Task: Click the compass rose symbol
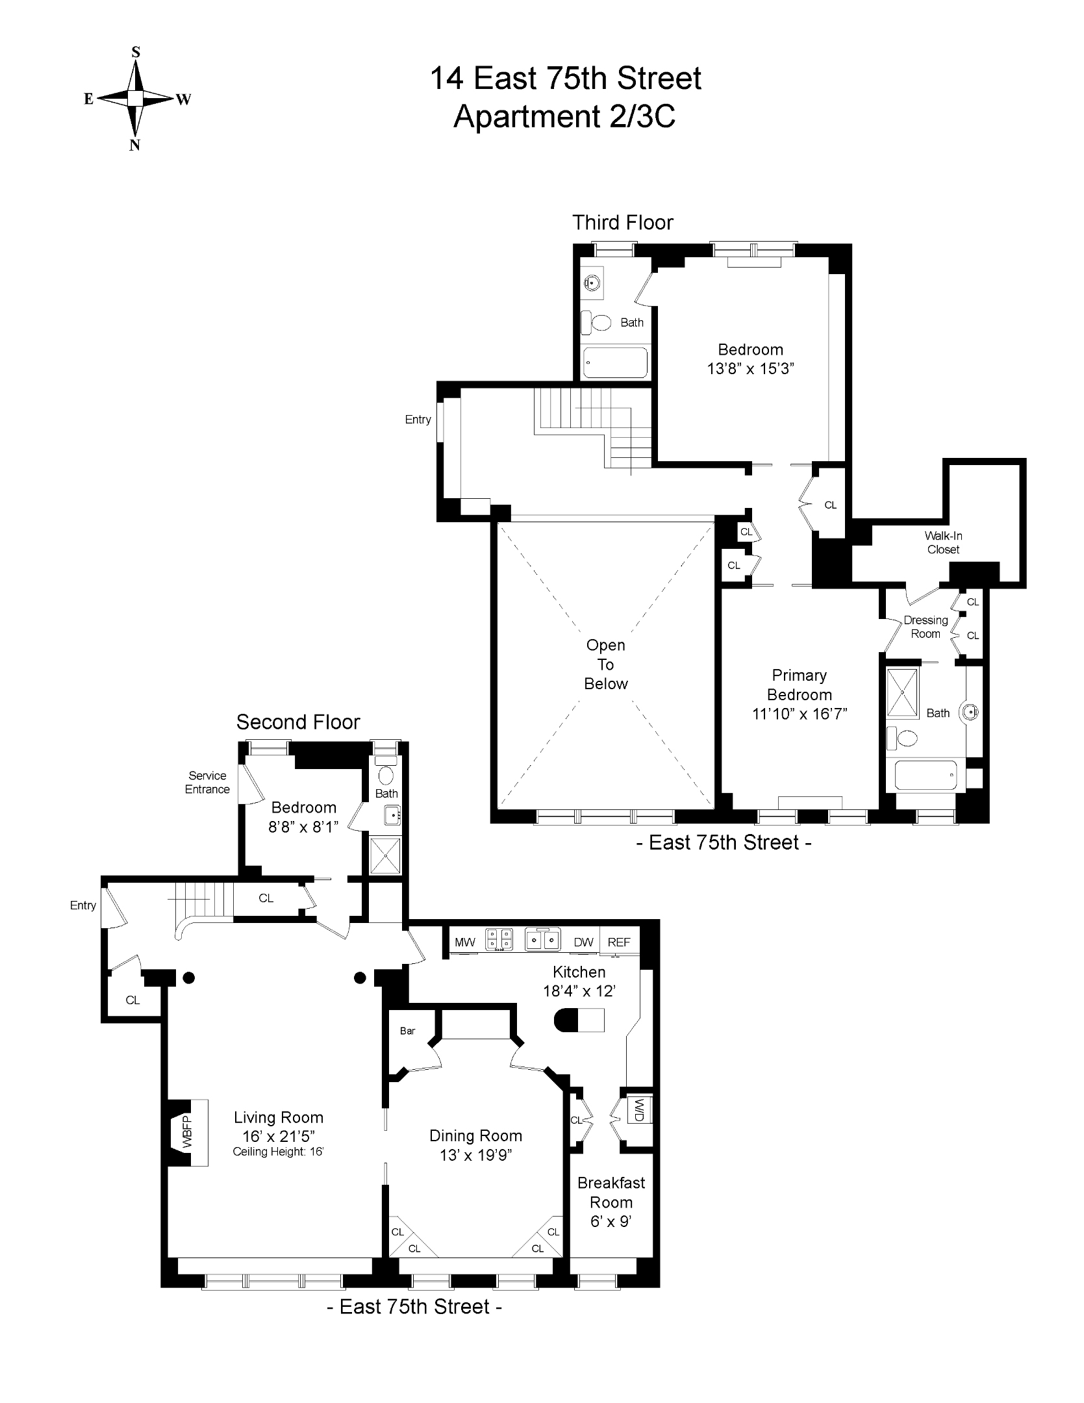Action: click(x=135, y=98)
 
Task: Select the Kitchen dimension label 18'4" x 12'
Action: click(x=579, y=991)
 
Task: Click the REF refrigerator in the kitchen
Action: click(x=619, y=942)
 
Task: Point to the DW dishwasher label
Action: click(x=583, y=942)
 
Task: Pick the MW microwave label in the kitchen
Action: click(x=464, y=942)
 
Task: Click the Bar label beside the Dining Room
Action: click(x=407, y=1031)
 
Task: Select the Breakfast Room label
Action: click(x=611, y=1193)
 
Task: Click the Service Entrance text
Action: click(x=207, y=782)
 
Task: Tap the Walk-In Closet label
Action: click(x=943, y=542)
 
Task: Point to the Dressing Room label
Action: click(x=926, y=627)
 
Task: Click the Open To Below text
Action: click(x=605, y=664)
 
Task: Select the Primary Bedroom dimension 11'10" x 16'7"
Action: click(x=799, y=714)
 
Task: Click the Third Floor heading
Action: click(x=622, y=223)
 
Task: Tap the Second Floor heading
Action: click(x=297, y=722)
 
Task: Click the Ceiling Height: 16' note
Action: click(x=278, y=1152)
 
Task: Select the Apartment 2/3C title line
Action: click(x=564, y=117)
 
